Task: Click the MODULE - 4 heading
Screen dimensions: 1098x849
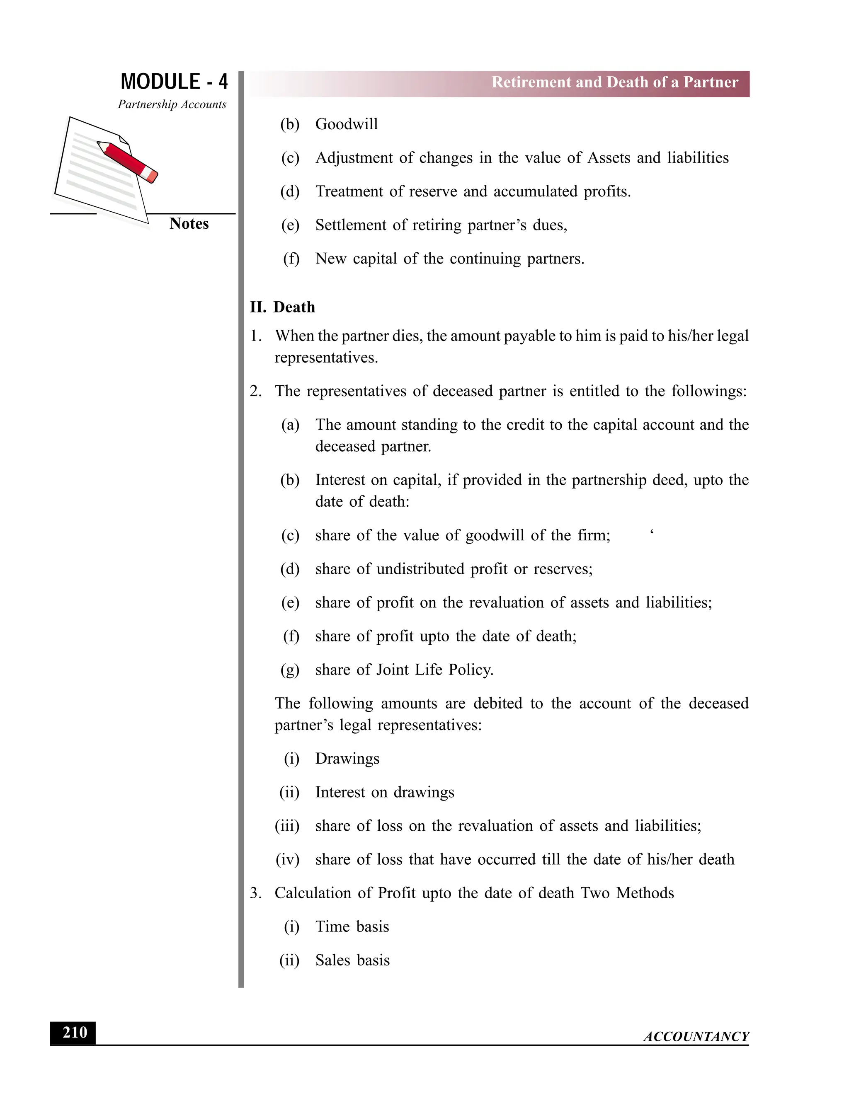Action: pos(174,82)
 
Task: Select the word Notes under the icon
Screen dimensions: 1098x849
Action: pos(189,224)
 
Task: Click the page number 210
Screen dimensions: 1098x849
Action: pos(75,1033)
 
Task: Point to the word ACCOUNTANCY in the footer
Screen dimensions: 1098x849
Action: pos(696,1036)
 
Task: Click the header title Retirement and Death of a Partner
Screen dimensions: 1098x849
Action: pos(615,82)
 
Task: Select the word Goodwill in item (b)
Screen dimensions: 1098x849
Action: pos(347,124)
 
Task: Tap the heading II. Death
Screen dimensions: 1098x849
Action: pos(283,307)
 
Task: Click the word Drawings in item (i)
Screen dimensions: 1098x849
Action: pos(347,759)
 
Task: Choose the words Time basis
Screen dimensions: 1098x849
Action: pos(352,926)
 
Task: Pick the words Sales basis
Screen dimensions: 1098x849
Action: pos(353,960)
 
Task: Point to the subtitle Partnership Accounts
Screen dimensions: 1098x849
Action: pos(172,104)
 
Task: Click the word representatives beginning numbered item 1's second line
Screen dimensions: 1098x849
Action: pos(325,358)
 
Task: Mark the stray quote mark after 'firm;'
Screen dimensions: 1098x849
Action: pos(652,532)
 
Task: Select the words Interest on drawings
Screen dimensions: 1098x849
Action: pos(385,792)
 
